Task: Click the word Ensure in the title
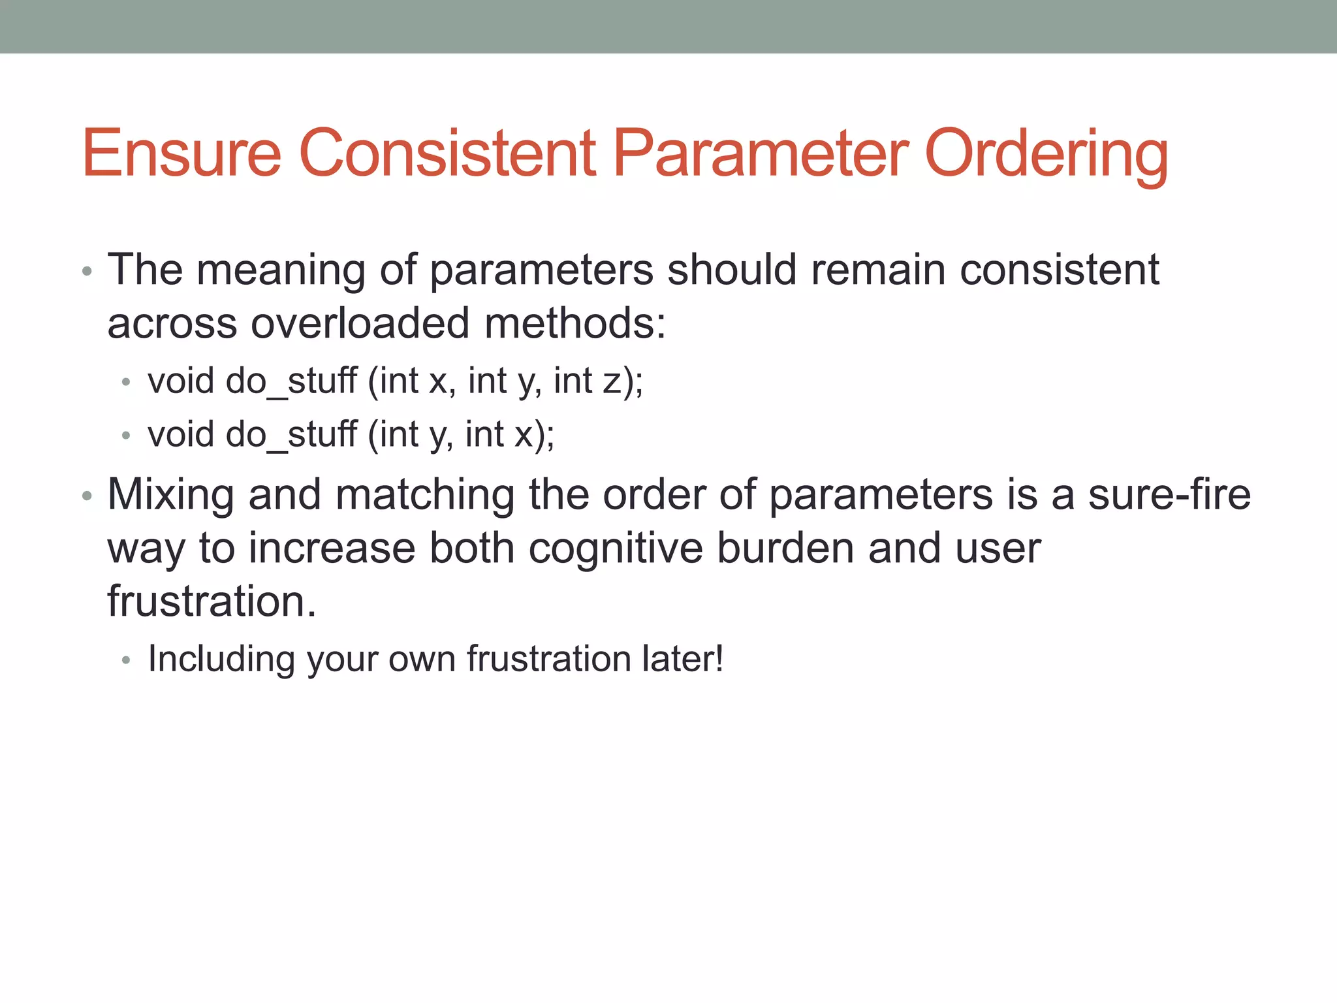click(181, 153)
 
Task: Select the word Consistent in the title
click(447, 153)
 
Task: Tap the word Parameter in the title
click(761, 153)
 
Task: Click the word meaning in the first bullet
click(281, 270)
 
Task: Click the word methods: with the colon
click(574, 323)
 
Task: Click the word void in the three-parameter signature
click(181, 381)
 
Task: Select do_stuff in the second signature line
click(291, 435)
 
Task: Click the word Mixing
click(170, 495)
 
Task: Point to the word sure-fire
click(1169, 494)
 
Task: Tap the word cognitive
click(615, 548)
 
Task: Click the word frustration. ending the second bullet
click(212, 601)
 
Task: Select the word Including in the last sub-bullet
click(221, 660)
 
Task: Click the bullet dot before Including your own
click(127, 661)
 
